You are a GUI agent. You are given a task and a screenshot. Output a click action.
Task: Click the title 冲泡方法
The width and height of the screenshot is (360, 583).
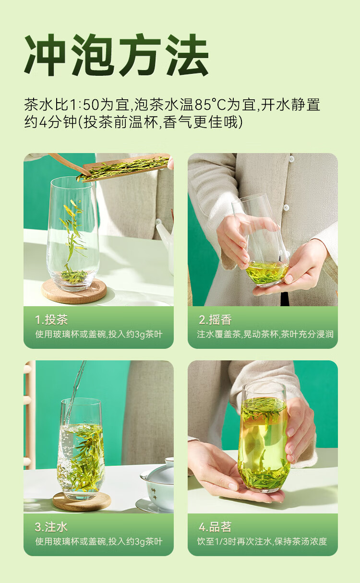coord(116,55)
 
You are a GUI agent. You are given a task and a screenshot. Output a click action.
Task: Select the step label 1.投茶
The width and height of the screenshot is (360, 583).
coord(51,320)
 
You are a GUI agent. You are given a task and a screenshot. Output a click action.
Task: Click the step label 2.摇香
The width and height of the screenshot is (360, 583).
coord(215,320)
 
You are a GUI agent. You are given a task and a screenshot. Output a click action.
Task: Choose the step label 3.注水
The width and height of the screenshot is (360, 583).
coord(51,527)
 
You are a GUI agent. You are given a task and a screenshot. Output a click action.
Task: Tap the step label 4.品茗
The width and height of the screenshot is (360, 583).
coord(215,527)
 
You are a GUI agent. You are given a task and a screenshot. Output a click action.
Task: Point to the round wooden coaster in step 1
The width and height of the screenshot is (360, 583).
coord(74,291)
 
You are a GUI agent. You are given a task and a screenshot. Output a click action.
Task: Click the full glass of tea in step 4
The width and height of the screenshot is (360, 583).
coord(264,437)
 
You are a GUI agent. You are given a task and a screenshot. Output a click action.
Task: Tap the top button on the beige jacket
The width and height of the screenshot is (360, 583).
coord(292,159)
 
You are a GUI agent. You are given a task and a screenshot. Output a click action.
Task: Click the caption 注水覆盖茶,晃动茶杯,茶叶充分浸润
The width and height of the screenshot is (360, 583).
coord(265,334)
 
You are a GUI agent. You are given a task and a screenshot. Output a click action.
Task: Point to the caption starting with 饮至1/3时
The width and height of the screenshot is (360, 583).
coord(262,541)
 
